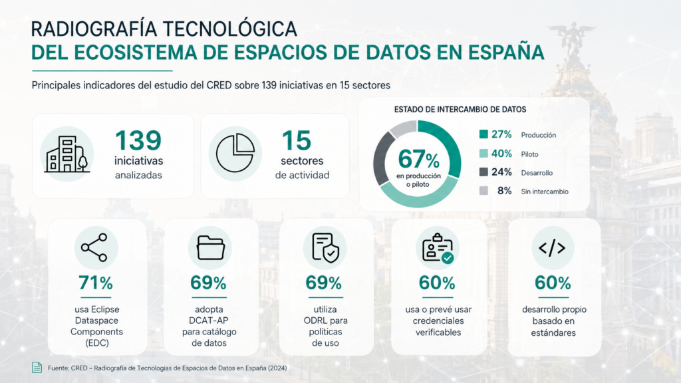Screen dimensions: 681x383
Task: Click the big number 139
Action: [138, 140]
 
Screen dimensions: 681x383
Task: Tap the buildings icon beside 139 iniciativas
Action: [67, 154]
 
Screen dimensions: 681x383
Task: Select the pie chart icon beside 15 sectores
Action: [235, 153]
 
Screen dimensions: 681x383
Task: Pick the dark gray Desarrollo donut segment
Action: [380, 162]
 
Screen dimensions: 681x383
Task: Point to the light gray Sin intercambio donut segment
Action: [404, 128]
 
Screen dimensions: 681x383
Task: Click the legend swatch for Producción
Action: [483, 134]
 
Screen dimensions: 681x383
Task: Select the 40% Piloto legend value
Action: [501, 154]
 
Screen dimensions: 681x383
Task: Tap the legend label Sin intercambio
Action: [545, 191]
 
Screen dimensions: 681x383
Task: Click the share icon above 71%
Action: [94, 247]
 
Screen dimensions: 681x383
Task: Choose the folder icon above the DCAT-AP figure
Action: [211, 247]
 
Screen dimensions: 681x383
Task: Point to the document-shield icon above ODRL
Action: [325, 248]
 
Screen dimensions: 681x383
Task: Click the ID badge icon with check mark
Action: [438, 248]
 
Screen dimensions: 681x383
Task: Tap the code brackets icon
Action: [552, 248]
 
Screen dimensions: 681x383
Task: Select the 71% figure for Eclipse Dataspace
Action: [96, 283]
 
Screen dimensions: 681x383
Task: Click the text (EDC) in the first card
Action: [97, 343]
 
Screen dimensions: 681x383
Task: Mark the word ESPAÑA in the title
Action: [506, 52]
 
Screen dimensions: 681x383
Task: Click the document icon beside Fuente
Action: [37, 367]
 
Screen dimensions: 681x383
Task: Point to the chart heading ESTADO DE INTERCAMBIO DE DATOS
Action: [460, 110]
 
